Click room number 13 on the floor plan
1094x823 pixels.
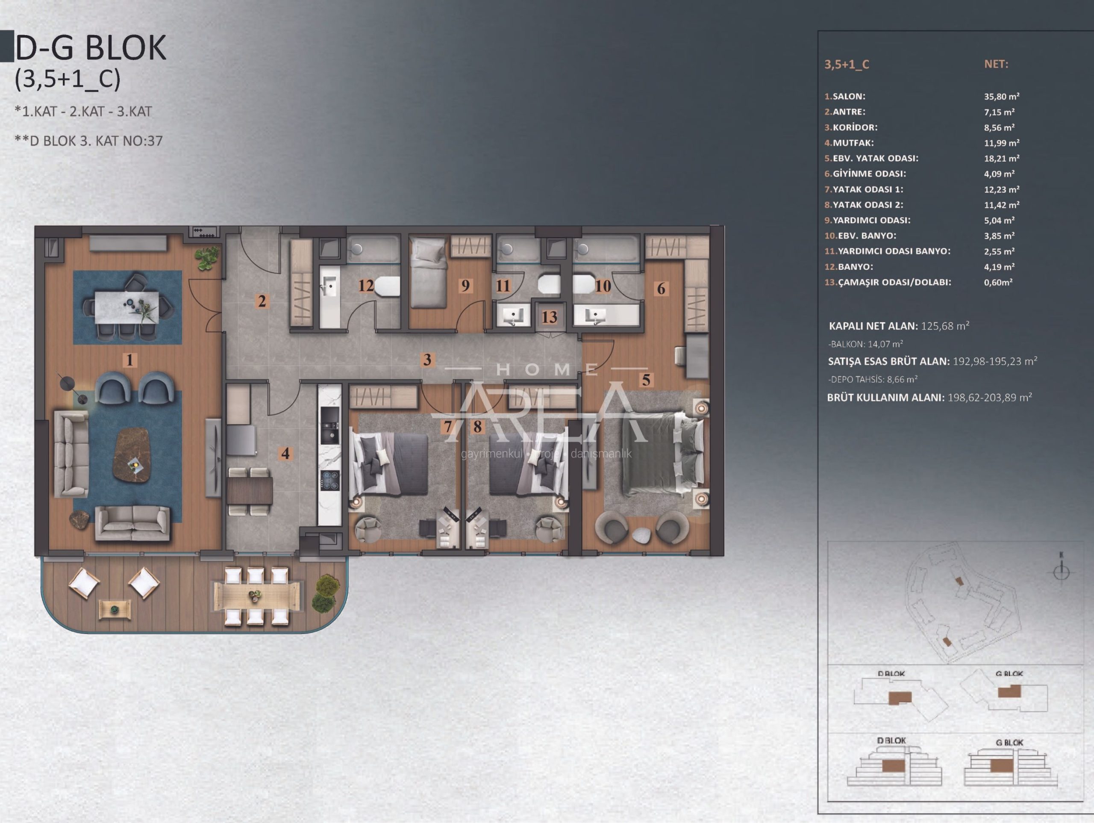coord(550,317)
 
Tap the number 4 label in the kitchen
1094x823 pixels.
coord(285,453)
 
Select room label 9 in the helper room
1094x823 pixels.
coord(465,286)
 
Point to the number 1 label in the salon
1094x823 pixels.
coord(129,360)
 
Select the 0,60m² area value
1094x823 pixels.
coord(998,282)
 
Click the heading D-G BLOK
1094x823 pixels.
coord(91,47)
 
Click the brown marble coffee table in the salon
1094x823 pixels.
coord(132,455)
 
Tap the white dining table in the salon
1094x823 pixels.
coord(128,308)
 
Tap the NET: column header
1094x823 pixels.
coord(996,64)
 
